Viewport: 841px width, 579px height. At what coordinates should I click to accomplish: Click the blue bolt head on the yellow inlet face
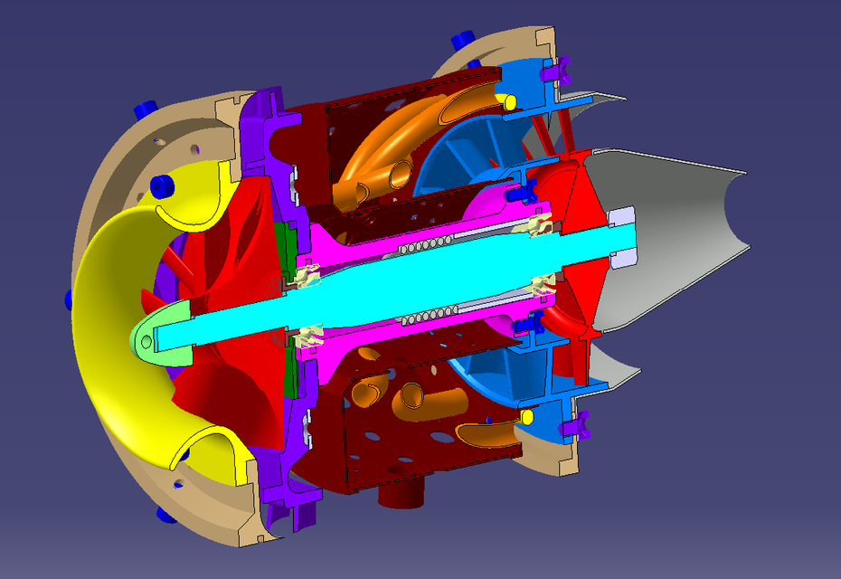[x=163, y=186]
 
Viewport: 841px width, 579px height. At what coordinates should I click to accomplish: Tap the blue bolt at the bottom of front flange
[x=165, y=514]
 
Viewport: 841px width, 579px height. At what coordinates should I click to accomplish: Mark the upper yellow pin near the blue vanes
[x=510, y=99]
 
